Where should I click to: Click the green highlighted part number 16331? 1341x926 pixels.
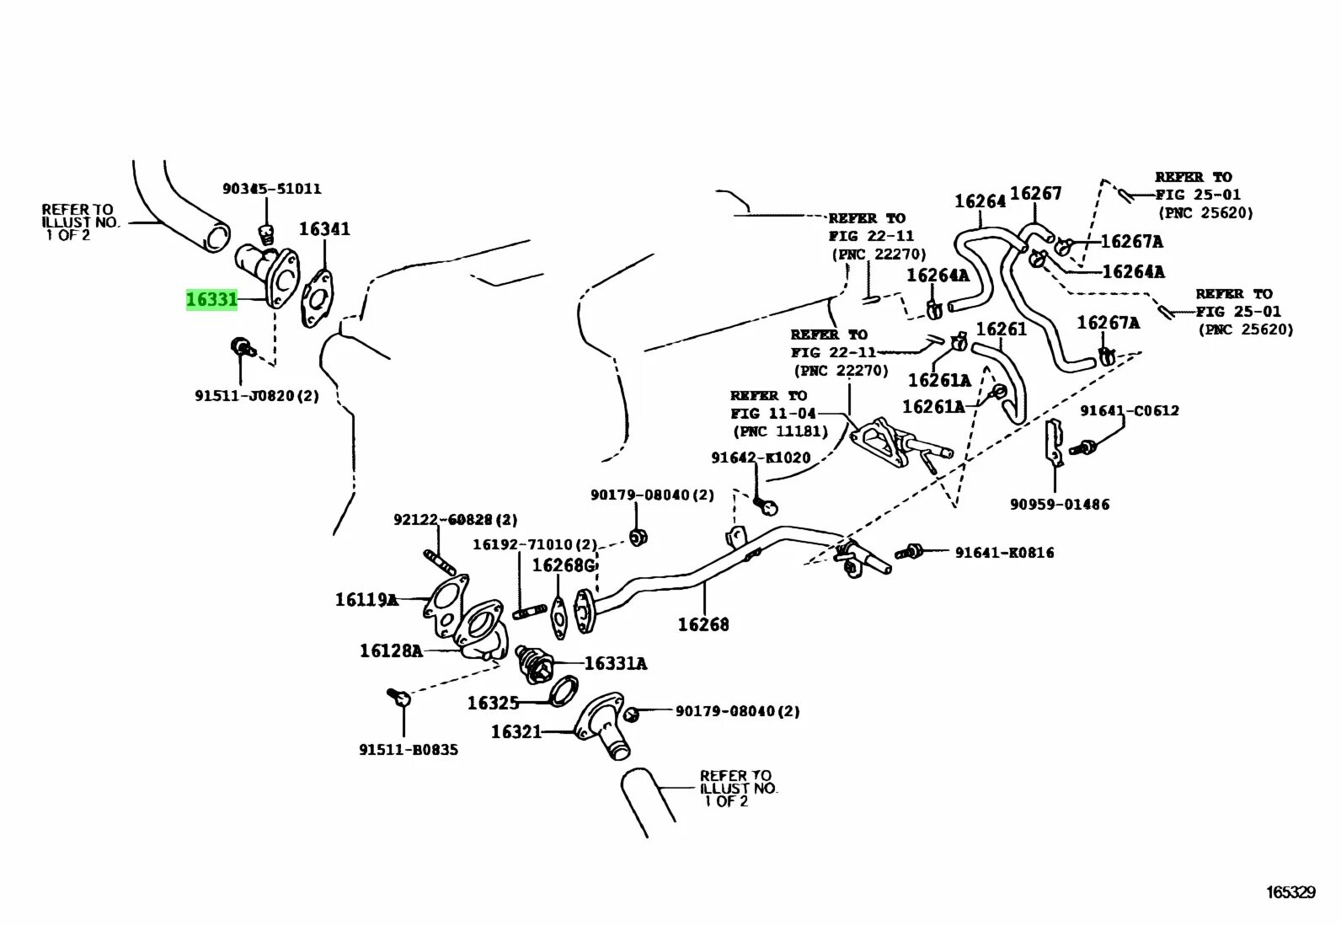(x=211, y=299)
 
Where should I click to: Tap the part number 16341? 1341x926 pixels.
(x=324, y=229)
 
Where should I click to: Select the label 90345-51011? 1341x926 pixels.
(x=271, y=189)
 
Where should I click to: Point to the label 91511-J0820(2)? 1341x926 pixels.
(x=257, y=394)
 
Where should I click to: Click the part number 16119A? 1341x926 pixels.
(x=366, y=600)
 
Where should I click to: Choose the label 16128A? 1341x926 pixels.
(x=391, y=650)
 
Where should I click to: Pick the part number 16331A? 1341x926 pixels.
(x=615, y=664)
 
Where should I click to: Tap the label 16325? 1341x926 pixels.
(x=494, y=703)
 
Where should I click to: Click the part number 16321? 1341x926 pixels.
(x=516, y=731)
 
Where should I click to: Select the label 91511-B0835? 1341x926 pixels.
(x=409, y=749)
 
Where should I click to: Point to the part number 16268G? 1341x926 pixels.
(x=563, y=565)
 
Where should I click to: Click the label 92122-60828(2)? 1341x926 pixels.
(x=455, y=520)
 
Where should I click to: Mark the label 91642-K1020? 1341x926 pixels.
(x=761, y=458)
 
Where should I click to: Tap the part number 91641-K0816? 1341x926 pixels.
(x=1004, y=553)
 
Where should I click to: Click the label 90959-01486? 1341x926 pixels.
(x=1060, y=504)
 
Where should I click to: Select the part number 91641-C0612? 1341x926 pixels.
(x=1130, y=410)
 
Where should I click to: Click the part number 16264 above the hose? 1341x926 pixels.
(x=980, y=201)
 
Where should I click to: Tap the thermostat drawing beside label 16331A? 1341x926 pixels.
(x=534, y=663)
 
